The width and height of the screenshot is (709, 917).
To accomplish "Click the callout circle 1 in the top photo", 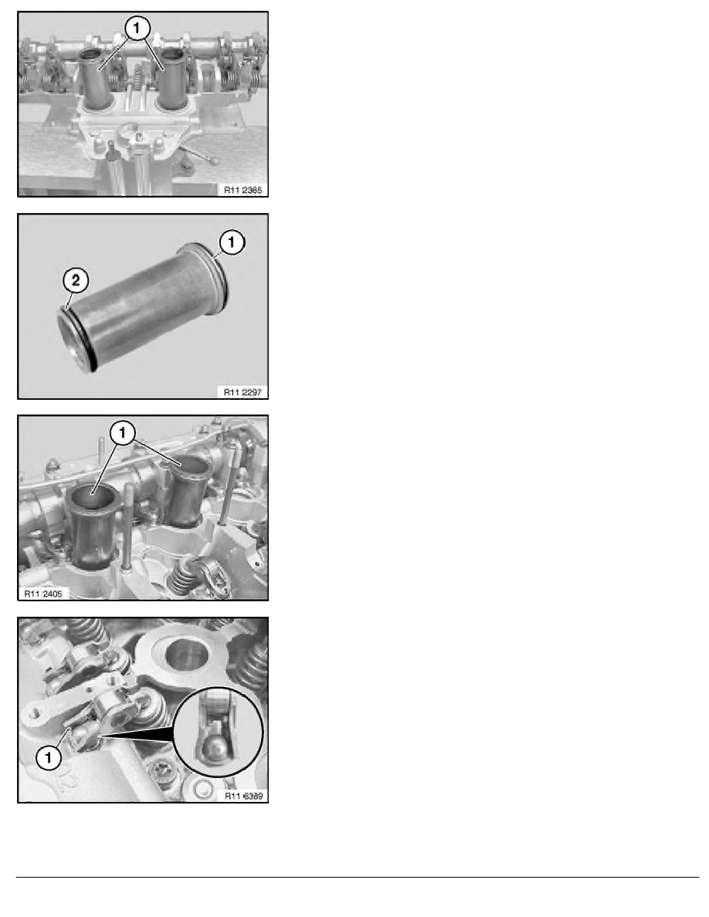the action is [137, 28].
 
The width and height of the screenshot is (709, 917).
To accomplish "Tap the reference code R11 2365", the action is [243, 190].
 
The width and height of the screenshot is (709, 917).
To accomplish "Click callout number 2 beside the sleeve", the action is [76, 281].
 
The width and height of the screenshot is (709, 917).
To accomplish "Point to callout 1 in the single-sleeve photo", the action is [232, 242].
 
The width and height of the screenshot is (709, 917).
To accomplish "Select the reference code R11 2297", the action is [243, 392].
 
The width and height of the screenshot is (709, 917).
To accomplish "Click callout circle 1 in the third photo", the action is [122, 433].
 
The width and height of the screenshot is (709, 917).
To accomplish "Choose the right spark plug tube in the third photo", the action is [187, 490].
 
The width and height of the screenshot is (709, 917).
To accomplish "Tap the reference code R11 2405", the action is [43, 594].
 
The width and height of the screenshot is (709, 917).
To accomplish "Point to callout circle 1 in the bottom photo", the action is [49, 759].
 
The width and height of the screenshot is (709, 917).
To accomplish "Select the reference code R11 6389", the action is [243, 796].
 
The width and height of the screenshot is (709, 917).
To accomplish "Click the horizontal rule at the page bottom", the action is [358, 877].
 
